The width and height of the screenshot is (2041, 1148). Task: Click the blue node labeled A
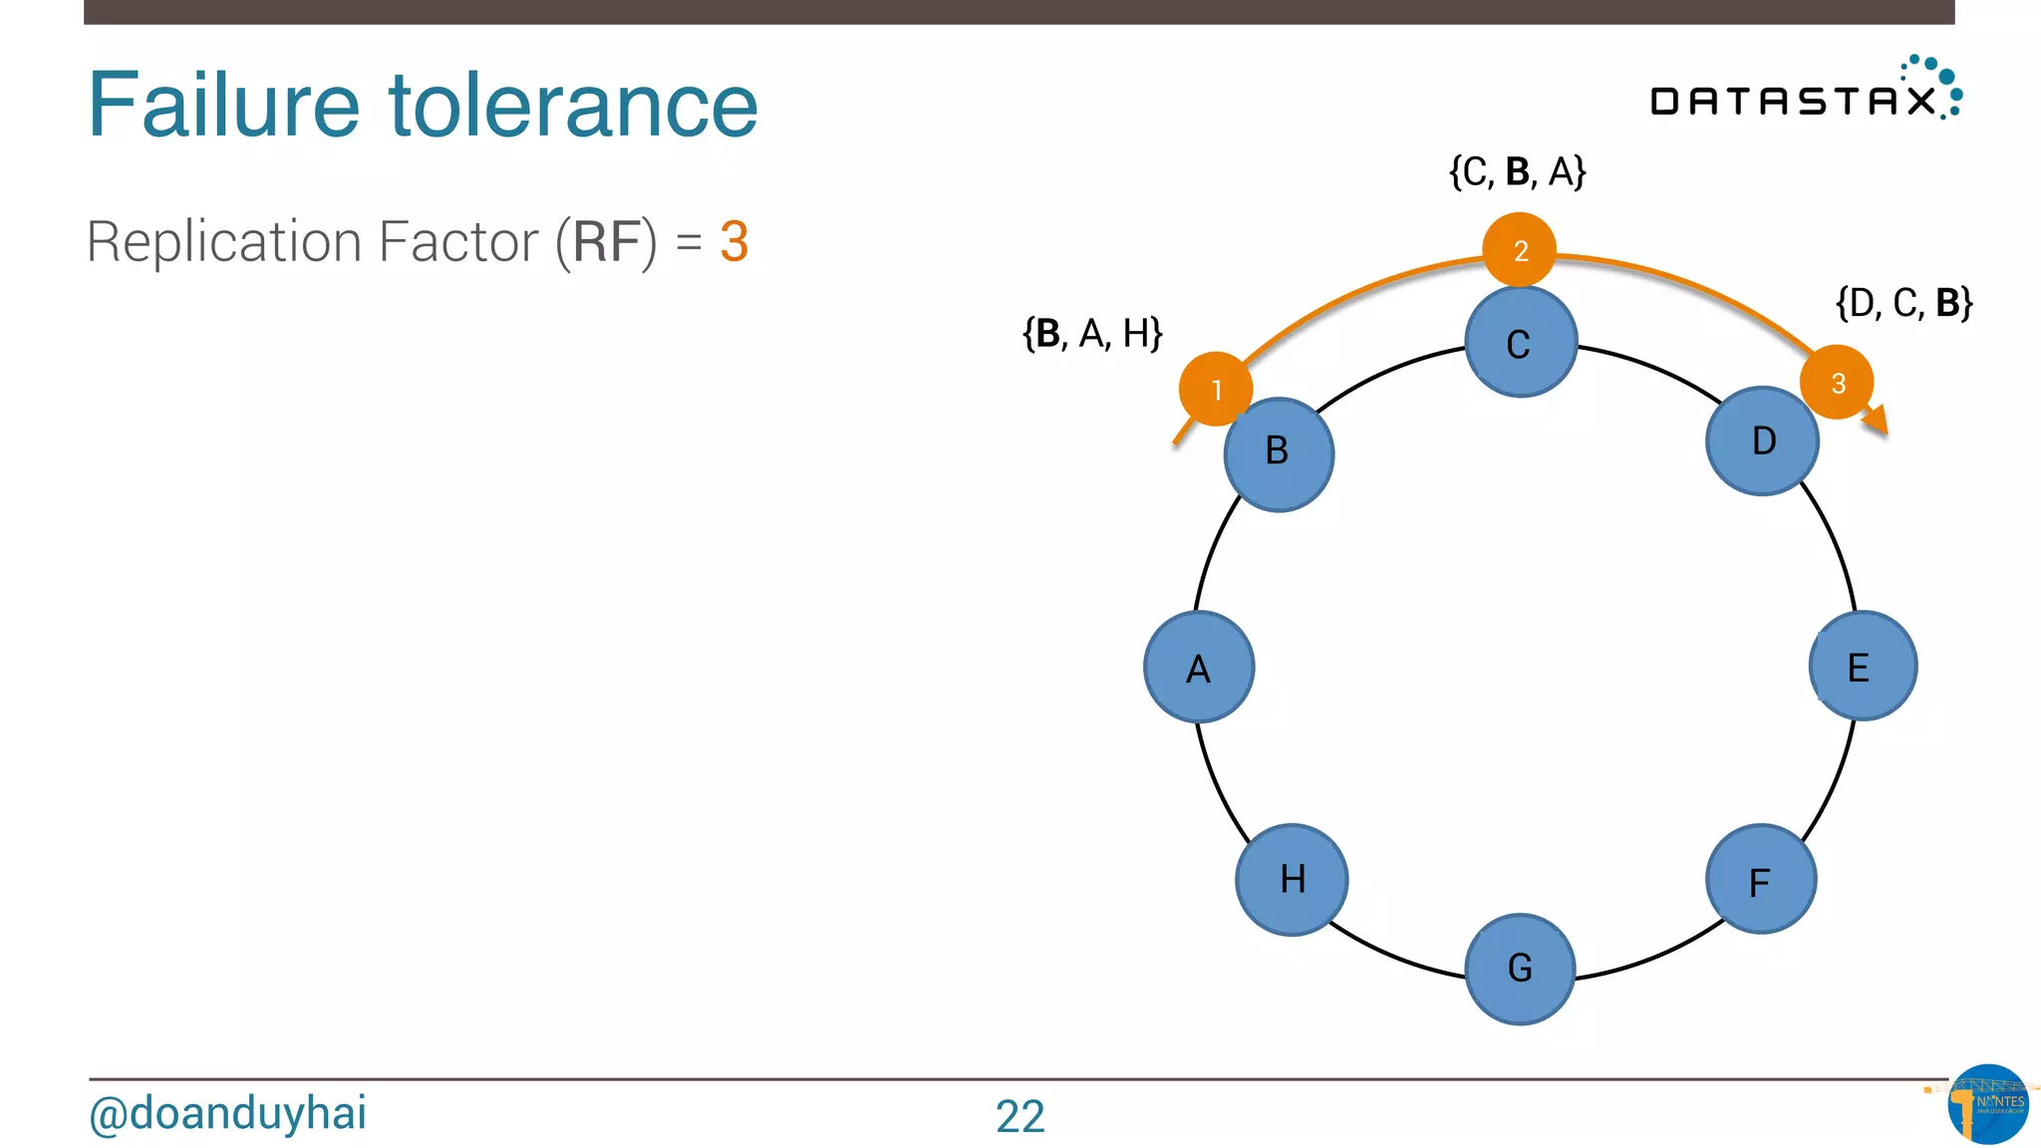[x=1199, y=667]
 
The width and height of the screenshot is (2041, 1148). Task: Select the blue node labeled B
[x=1279, y=454]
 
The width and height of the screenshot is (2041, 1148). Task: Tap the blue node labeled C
[x=1521, y=343]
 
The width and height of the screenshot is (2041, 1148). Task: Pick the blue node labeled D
[x=1762, y=441]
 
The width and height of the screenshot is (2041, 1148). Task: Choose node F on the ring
[x=1761, y=879]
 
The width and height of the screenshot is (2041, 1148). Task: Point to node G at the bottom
[x=1521, y=969]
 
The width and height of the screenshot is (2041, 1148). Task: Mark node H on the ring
[x=1292, y=879]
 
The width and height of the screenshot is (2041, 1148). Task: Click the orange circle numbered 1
[x=1215, y=389]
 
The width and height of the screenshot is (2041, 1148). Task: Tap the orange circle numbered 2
[x=1519, y=249]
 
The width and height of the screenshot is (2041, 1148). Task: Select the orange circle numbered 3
[x=1837, y=382]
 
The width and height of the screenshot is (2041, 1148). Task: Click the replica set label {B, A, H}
[x=1092, y=334]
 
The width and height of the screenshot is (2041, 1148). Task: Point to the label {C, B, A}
[x=1517, y=171]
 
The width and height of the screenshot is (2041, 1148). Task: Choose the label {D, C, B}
[x=1903, y=303]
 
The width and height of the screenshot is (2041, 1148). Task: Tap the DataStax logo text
[x=1794, y=101]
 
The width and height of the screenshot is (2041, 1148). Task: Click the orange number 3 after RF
[x=733, y=242]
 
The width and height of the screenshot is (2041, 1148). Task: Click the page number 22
[x=1020, y=1116]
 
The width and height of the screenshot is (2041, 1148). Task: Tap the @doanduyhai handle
[x=227, y=1113]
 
